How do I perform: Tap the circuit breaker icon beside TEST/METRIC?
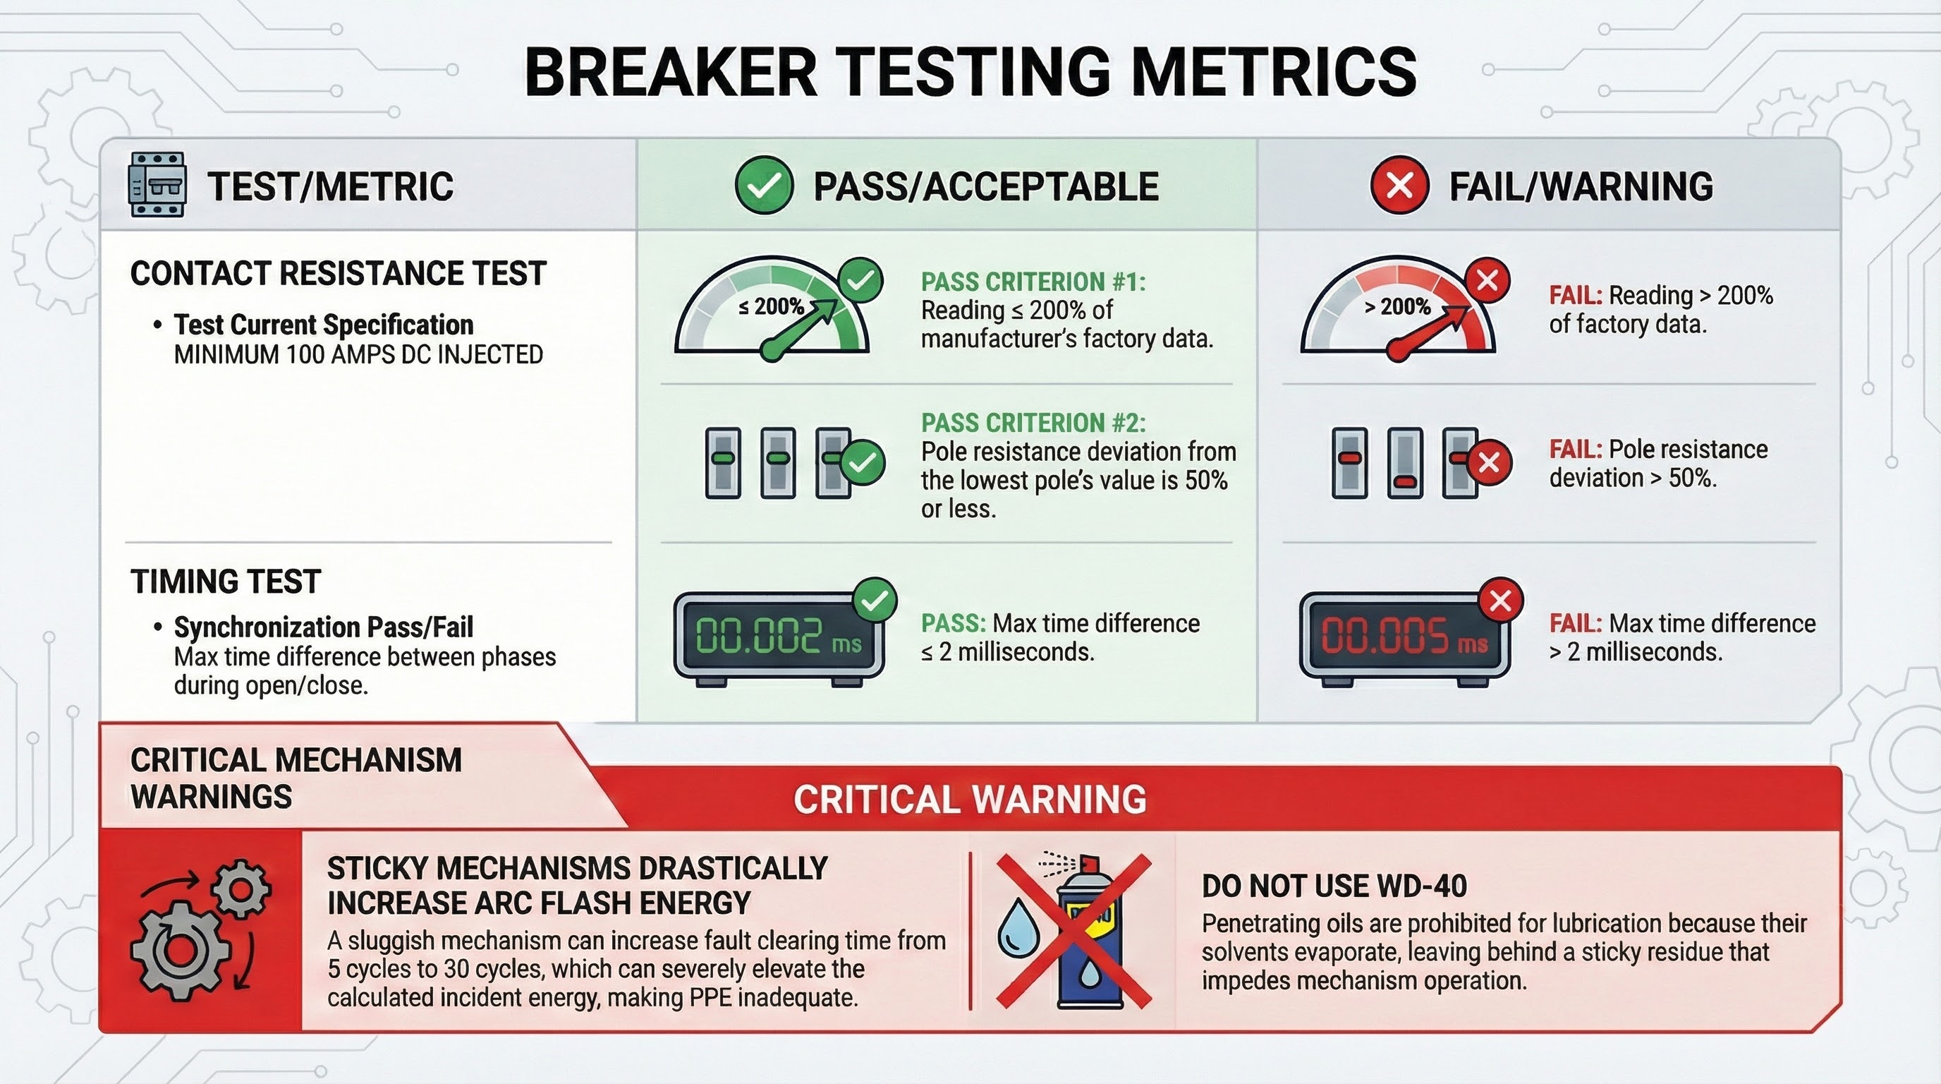click(x=157, y=185)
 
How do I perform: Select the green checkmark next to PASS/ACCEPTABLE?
click(x=764, y=186)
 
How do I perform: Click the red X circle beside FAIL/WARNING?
click(x=1399, y=186)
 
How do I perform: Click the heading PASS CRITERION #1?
click(x=1033, y=282)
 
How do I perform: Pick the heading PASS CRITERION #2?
click(x=1033, y=423)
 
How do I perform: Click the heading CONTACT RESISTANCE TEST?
click(x=339, y=273)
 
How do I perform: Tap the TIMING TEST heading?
click(x=226, y=582)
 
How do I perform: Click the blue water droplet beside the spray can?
click(x=1018, y=928)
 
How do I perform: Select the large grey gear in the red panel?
click(x=180, y=950)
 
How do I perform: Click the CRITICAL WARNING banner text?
click(x=970, y=800)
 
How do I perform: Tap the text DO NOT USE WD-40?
click(x=1334, y=886)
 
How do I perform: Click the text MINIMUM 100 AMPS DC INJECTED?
click(x=359, y=354)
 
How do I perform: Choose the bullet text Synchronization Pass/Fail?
click(x=324, y=627)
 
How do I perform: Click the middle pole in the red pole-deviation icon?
click(x=1405, y=463)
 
